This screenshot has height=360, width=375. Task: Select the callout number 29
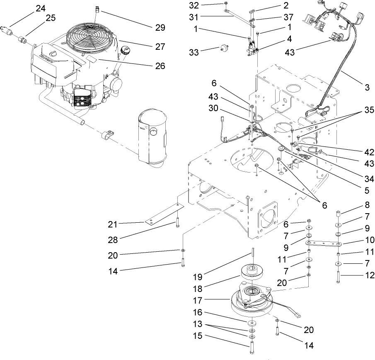(x=160, y=28)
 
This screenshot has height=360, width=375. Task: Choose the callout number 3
(x=367, y=87)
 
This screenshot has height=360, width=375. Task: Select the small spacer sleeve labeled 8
(x=338, y=214)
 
